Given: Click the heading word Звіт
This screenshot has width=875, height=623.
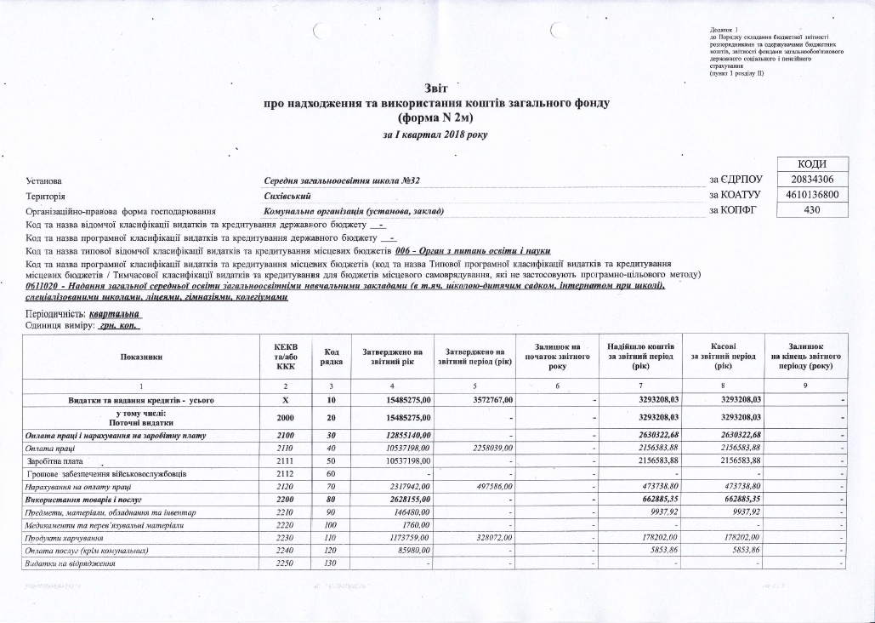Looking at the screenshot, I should point(436,89).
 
